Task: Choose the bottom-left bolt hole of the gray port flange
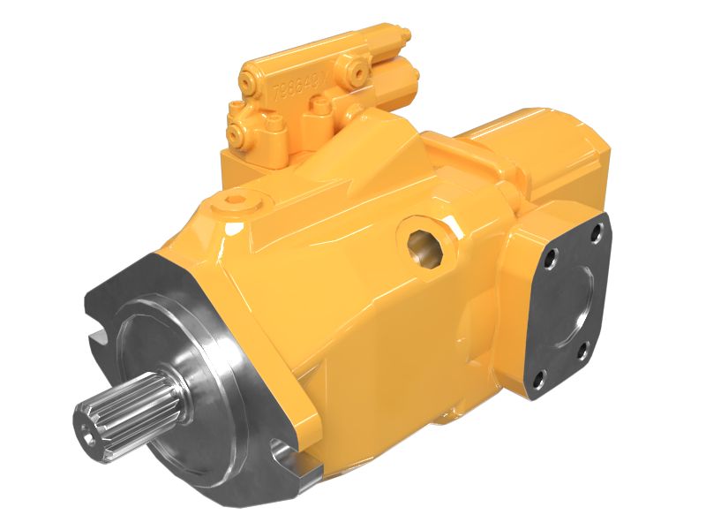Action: click(x=534, y=382)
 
